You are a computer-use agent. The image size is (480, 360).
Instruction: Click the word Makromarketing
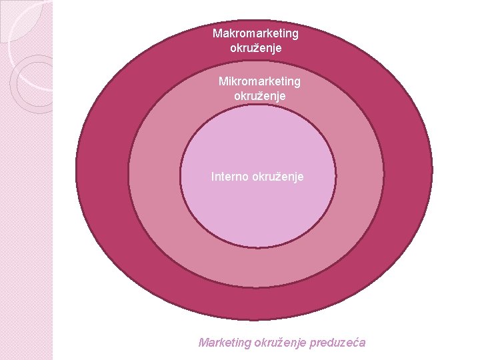[255, 33]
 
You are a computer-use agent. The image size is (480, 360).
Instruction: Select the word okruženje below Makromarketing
[255, 48]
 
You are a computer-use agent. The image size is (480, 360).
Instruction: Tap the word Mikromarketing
[259, 81]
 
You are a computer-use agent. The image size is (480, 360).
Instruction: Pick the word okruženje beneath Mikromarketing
[259, 96]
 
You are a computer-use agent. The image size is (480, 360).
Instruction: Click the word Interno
[229, 177]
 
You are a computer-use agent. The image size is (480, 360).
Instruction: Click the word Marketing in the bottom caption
[225, 343]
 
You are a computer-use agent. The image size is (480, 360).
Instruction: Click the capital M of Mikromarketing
[223, 81]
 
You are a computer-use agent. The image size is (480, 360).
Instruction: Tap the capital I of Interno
[213, 177]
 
